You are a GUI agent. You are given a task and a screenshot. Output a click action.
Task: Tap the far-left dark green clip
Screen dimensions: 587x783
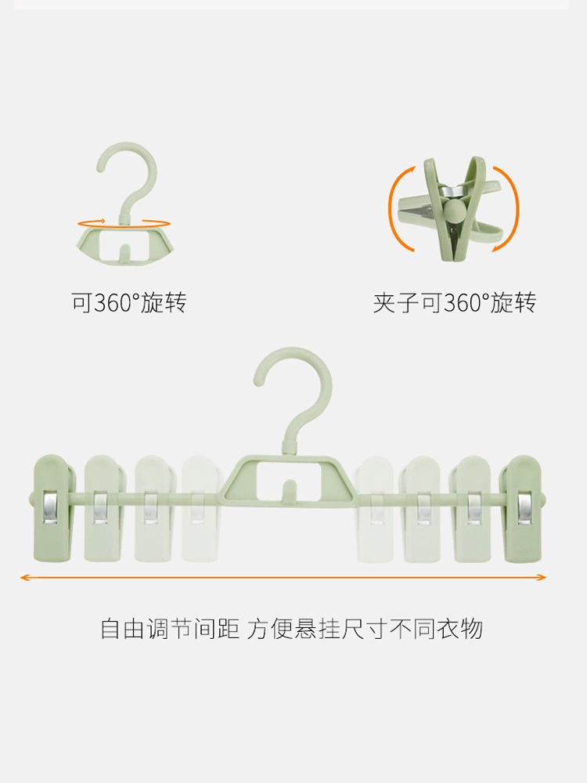pos(54,507)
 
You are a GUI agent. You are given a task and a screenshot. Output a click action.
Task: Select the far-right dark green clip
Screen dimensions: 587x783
pos(521,507)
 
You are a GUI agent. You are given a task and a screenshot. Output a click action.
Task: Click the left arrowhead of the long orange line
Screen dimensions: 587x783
pos(25,578)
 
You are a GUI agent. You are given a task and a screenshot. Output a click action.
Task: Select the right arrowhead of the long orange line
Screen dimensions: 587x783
pos(541,578)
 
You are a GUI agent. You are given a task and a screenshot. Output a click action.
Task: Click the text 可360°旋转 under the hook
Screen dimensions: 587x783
pos(129,302)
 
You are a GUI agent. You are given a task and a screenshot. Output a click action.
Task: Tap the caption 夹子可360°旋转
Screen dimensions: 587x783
pos(454,302)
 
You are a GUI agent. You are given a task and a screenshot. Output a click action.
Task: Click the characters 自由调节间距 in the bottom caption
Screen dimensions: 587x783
pos(170,629)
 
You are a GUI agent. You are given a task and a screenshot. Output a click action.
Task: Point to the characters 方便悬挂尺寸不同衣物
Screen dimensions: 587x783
pos(365,629)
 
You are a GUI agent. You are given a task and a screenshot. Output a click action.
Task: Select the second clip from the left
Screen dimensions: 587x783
pos(104,507)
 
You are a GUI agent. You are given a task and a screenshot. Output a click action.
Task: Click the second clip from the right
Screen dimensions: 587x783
pos(471,507)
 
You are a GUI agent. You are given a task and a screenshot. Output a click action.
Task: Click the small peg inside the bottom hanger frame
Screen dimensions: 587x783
pos(289,490)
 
